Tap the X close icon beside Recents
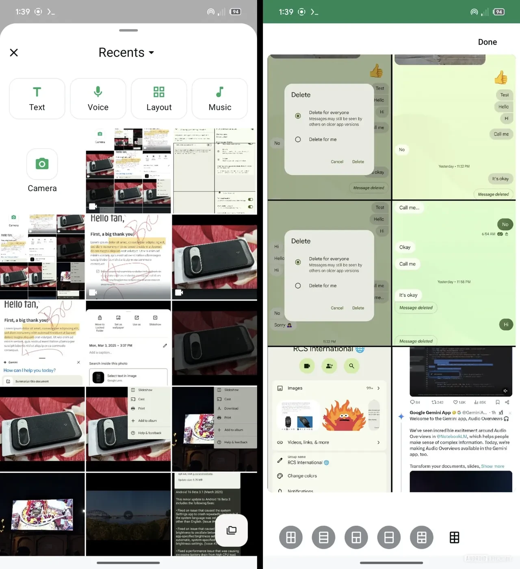pyautogui.click(x=14, y=53)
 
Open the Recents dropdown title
pyautogui.click(x=126, y=53)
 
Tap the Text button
pyautogui.click(x=37, y=99)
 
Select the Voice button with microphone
pyautogui.click(x=98, y=99)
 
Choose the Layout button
pyautogui.click(x=159, y=99)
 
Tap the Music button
pyautogui.click(x=220, y=99)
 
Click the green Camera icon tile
pyautogui.click(x=42, y=164)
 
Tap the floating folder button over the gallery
pyautogui.click(x=232, y=530)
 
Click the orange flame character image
pyautogui.click(x=344, y=415)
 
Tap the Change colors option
pyautogui.click(x=302, y=476)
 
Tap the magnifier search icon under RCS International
pyautogui.click(x=351, y=366)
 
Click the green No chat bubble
pyautogui.click(x=505, y=224)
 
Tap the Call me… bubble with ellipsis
pyautogui.click(x=409, y=208)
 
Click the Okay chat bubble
pyautogui.click(x=405, y=247)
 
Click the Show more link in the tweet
pyautogui.click(x=492, y=466)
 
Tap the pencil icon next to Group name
pyautogui.click(x=280, y=460)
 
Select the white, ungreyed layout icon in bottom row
pyautogui.click(x=454, y=537)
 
